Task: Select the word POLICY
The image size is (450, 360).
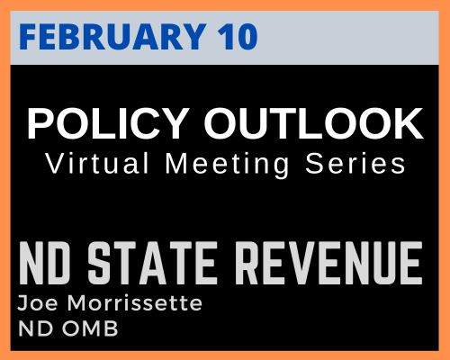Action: pyautogui.click(x=108, y=123)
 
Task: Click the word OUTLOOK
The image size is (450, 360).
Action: pyautogui.click(x=313, y=123)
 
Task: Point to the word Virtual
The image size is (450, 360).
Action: pyautogui.click(x=97, y=163)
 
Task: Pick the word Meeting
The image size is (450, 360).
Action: pyautogui.click(x=227, y=165)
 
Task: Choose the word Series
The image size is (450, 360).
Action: pyautogui.click(x=355, y=163)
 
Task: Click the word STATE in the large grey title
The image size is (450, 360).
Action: pyautogui.click(x=153, y=263)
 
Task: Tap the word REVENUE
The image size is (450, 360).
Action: pyautogui.click(x=329, y=263)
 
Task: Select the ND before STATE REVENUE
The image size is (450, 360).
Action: pyautogui.click(x=45, y=263)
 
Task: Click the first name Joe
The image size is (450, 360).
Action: pyautogui.click(x=38, y=303)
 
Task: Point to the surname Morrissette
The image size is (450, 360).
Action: pyautogui.click(x=135, y=303)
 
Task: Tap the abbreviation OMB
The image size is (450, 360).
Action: pyautogui.click(x=90, y=328)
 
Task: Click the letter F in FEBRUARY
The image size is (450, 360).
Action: pyautogui.click(x=29, y=37)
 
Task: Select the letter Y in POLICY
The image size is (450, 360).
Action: pyautogui.click(x=175, y=123)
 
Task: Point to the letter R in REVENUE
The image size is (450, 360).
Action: pyautogui.click(x=247, y=263)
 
